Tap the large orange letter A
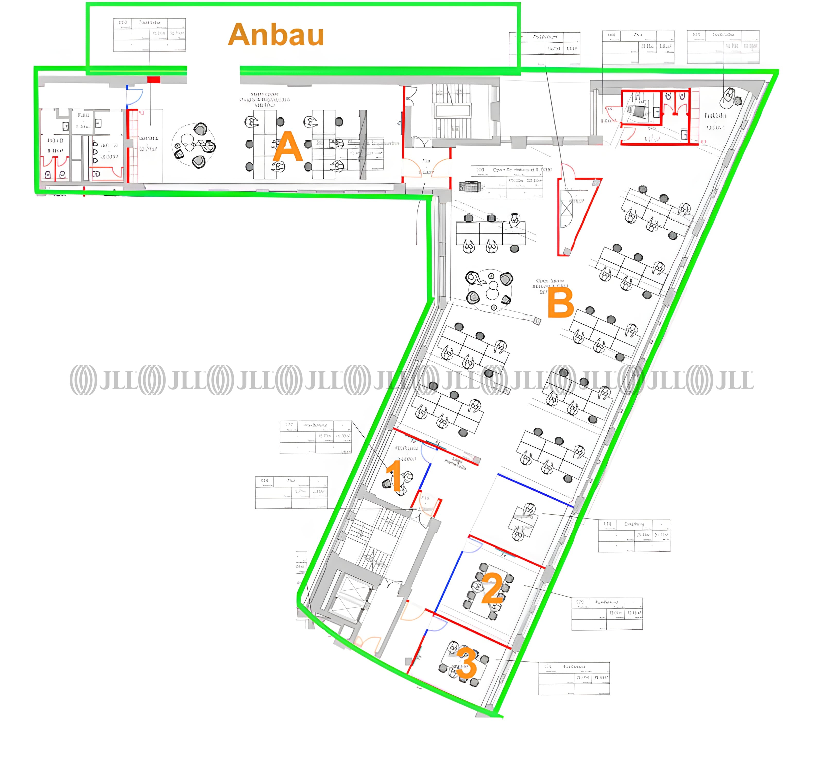[x=288, y=146]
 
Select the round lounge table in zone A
[x=194, y=145]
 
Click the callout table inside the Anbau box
[x=149, y=35]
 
